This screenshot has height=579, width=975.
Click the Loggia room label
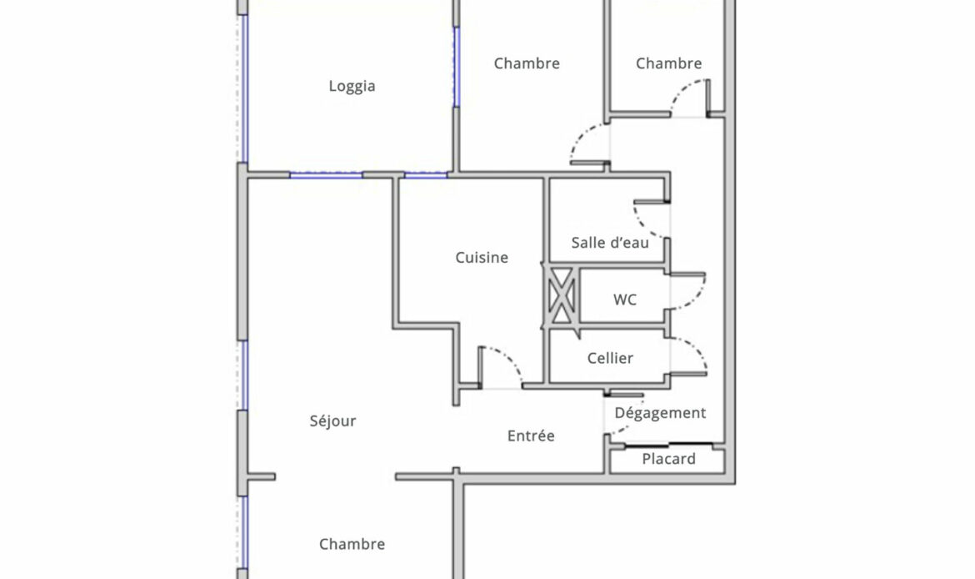[352, 86]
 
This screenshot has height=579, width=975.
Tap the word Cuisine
[482, 257]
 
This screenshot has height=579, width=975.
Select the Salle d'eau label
[610, 242]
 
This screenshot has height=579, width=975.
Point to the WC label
[625, 300]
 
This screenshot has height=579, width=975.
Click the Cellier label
[610, 358]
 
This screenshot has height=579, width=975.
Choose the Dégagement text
[660, 413]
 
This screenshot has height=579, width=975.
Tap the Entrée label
[531, 436]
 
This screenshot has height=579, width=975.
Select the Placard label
[668, 459]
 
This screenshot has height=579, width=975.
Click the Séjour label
[332, 420]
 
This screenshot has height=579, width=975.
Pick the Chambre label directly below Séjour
[352, 544]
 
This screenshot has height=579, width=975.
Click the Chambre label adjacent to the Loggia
[527, 63]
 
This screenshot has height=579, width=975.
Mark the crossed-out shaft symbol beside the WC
[562, 295]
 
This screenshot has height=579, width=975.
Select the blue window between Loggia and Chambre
[456, 67]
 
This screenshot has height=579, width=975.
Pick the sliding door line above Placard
[668, 445]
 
